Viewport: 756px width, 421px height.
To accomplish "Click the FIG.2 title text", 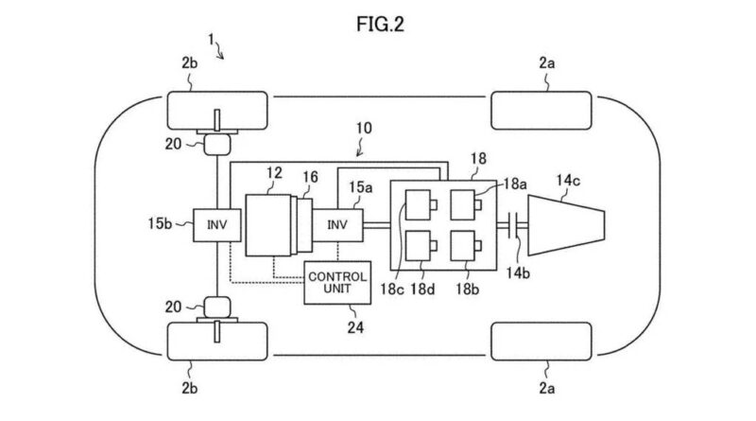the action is (x=380, y=24).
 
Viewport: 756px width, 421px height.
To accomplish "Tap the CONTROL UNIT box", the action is (x=337, y=283).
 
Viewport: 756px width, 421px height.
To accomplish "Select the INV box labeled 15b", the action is (x=217, y=225).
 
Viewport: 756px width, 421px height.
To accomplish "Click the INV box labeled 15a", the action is (x=337, y=225).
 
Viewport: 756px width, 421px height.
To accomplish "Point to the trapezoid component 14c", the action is (x=566, y=225).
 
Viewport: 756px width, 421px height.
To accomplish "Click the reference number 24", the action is (x=355, y=328).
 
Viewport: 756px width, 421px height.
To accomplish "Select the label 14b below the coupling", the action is (x=517, y=273).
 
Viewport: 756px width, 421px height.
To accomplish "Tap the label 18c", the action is (x=391, y=289).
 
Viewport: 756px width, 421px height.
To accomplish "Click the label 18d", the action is (x=422, y=289).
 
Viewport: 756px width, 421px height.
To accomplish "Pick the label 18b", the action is (x=467, y=289).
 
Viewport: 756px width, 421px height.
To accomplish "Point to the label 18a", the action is (x=515, y=184).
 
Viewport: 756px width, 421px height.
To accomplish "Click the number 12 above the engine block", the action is (x=274, y=173).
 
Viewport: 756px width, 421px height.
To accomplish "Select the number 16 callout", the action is (x=311, y=177).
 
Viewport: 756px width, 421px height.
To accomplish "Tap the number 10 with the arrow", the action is (x=364, y=128).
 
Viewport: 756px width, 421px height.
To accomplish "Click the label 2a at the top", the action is (x=547, y=62).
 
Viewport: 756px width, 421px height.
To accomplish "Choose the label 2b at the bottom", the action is (x=190, y=388).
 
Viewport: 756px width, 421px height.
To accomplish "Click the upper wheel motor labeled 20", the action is (x=217, y=145).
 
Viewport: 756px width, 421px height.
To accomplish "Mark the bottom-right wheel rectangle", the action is (x=541, y=342).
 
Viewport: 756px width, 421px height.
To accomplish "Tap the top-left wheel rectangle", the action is (x=217, y=111).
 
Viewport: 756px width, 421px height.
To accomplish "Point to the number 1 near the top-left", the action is (x=211, y=39).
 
